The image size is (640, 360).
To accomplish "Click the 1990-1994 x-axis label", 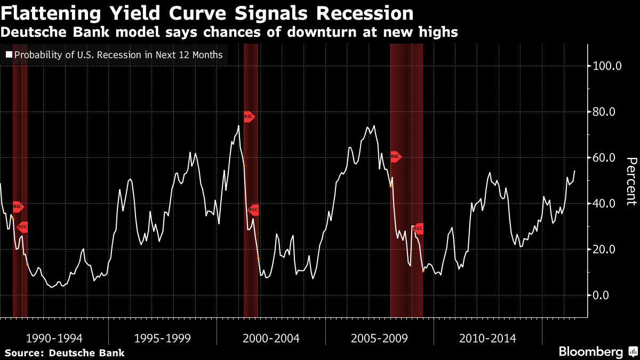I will pyautogui.click(x=54, y=338).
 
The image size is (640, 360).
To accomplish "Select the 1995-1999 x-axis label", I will pyautogui.click(x=163, y=338).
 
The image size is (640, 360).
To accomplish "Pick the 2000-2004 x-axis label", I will pyautogui.click(x=271, y=338).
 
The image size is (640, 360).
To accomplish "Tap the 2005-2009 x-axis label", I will pyautogui.click(x=379, y=338).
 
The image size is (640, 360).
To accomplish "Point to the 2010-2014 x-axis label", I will pyautogui.click(x=487, y=338).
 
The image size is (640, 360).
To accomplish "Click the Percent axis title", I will pyautogui.click(x=631, y=181).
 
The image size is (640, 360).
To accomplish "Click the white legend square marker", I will pyautogui.click(x=8, y=54).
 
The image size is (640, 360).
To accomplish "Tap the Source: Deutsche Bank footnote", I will pyautogui.click(x=65, y=353).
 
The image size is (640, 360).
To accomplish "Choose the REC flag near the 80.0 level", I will pyautogui.click(x=249, y=116).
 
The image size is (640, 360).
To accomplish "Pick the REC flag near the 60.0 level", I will pyautogui.click(x=395, y=157).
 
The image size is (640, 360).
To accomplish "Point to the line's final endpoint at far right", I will pyautogui.click(x=574, y=171).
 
